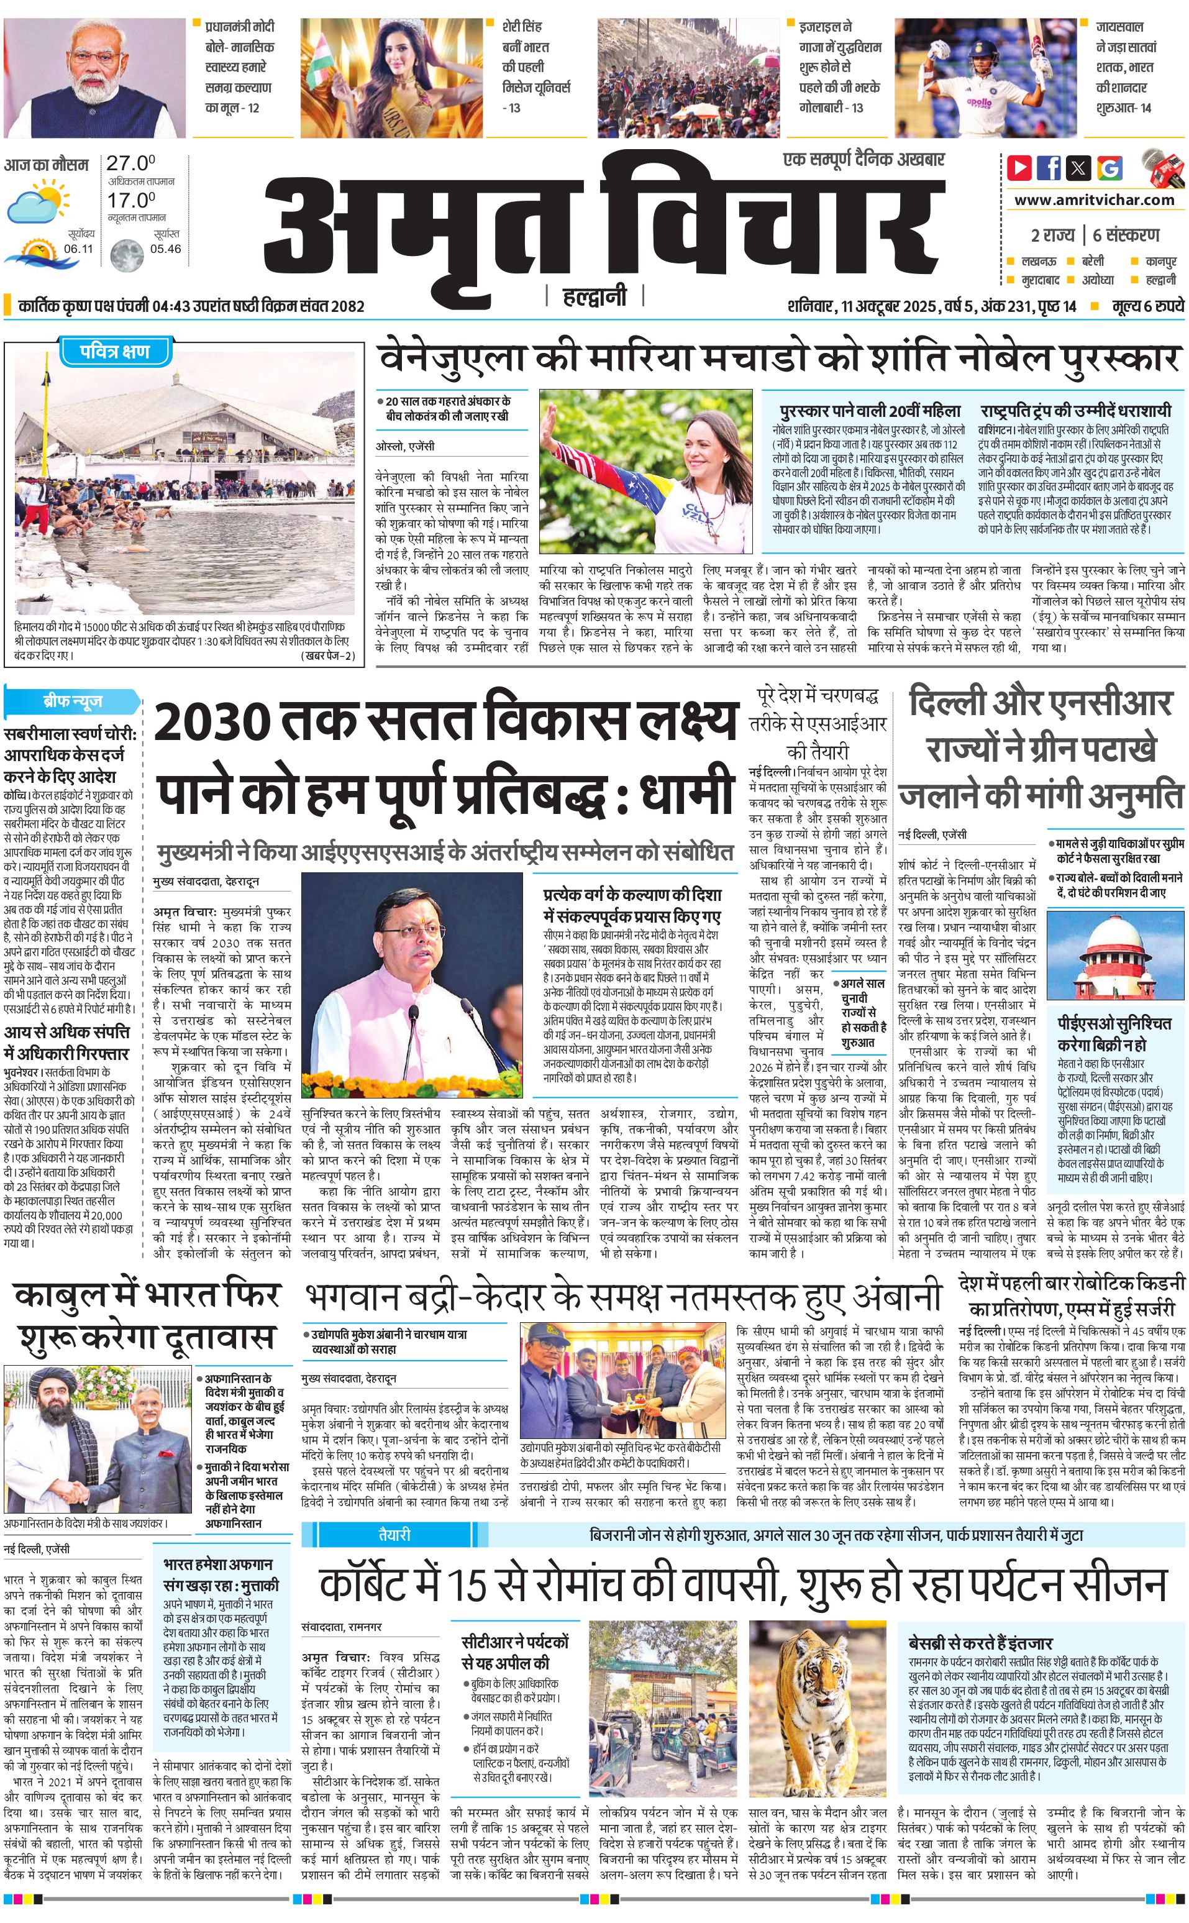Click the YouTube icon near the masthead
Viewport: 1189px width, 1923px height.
coord(1019,168)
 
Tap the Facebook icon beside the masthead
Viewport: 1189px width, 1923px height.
coord(1048,168)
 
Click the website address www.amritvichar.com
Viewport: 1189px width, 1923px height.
coord(1094,200)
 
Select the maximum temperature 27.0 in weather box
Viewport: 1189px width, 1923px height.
coord(130,163)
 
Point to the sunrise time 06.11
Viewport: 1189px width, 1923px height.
coord(79,249)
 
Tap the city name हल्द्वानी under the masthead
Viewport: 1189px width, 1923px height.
coord(594,296)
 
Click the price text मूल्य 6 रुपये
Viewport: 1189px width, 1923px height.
coord(1147,306)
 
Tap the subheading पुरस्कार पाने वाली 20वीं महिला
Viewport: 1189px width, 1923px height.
coord(870,411)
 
